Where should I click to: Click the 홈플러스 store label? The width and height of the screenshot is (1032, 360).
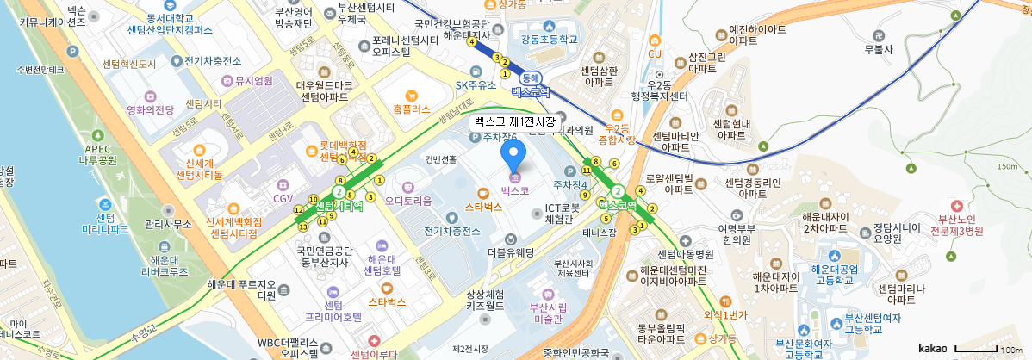[x=411, y=109]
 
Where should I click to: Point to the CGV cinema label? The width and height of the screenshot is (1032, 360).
[x=283, y=198]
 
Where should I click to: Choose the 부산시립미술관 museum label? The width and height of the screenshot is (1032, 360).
[x=545, y=313]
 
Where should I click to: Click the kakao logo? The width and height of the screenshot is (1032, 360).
[x=932, y=348]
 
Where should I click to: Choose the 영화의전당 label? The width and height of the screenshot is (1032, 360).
[x=151, y=109]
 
